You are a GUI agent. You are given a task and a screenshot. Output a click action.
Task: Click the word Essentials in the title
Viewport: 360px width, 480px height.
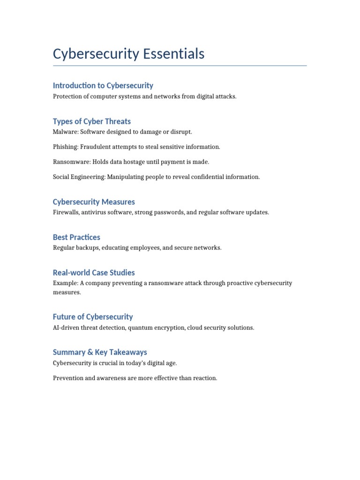click(x=174, y=54)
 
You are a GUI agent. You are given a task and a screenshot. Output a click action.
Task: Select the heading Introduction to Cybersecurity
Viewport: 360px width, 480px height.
click(x=103, y=85)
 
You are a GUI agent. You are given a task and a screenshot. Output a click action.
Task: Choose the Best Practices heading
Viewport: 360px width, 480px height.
click(x=76, y=237)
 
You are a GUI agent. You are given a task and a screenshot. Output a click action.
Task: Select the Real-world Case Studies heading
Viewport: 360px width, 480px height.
click(x=94, y=272)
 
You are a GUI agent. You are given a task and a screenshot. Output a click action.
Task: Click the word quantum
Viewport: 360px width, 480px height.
click(x=140, y=328)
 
